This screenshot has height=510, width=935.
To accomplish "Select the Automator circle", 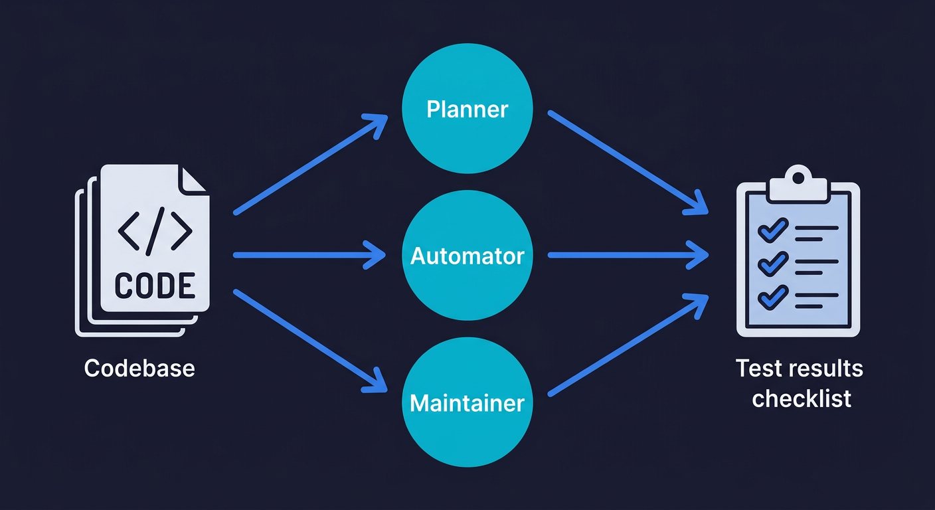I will coord(467,256).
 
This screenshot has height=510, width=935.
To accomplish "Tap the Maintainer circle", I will coord(467,403).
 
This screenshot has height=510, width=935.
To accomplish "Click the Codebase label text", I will coord(139,368).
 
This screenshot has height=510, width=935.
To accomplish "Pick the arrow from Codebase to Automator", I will coord(309,255).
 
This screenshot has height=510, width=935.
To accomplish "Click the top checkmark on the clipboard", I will coord(772,230).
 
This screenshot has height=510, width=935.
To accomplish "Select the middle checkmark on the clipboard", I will coord(772,264).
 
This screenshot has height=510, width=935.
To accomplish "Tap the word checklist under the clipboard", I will coord(801,398).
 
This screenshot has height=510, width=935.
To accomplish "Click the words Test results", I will coord(800,368).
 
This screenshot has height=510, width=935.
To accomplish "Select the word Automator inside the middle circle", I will coord(467,256).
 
